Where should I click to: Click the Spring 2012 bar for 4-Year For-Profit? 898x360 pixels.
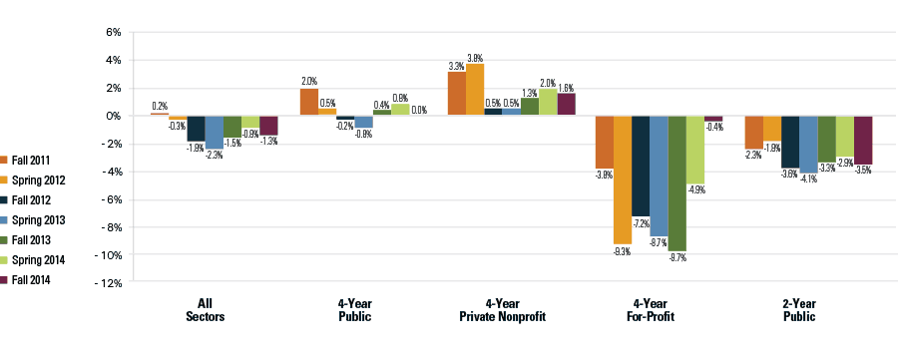tap(623, 180)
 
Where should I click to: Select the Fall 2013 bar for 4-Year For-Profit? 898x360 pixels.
tap(677, 183)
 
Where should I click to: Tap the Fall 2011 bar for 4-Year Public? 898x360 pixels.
tap(309, 102)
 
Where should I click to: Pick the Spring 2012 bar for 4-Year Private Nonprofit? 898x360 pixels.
tap(475, 90)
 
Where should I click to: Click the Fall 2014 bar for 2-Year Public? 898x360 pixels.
tap(864, 140)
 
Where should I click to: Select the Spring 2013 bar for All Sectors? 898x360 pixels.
tap(215, 132)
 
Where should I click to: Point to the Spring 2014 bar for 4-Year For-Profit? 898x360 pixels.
tap(695, 150)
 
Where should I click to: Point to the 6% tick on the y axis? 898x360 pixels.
tap(112, 32)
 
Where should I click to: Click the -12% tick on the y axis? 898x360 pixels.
tap(108, 283)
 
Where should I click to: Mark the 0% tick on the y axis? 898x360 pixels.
tap(112, 116)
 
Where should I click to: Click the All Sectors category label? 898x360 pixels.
tap(206, 310)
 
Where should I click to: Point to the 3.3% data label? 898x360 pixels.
tap(456, 66)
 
